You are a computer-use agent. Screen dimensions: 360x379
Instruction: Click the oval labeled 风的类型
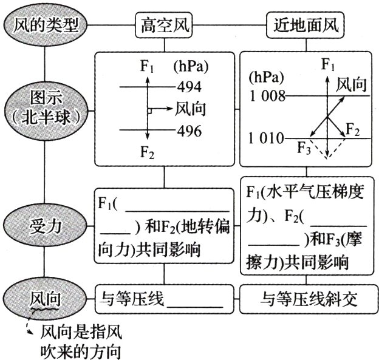coord(46,25)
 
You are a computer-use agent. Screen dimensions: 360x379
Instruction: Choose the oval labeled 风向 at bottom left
coord(46,299)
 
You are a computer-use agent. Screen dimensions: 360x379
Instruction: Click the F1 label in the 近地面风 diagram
coord(328,64)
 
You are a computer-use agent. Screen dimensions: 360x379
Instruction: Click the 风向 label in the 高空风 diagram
coord(190,109)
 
